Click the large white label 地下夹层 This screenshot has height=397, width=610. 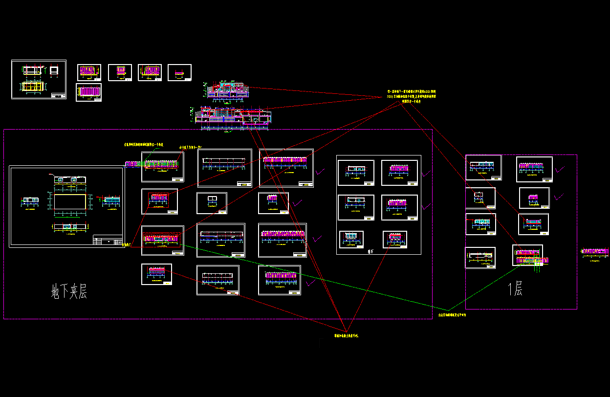click(69, 292)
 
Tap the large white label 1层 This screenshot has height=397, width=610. click(515, 289)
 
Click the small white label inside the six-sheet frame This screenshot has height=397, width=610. click(370, 251)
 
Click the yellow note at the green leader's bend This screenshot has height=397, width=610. click(452, 315)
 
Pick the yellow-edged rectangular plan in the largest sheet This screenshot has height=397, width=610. click(71, 202)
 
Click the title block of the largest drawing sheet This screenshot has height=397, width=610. click(108, 241)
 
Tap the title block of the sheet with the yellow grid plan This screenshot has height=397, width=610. click(58, 95)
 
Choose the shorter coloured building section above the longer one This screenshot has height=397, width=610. click(228, 90)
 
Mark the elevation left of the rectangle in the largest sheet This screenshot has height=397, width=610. click(31, 200)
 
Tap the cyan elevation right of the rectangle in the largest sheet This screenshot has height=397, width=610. click(112, 200)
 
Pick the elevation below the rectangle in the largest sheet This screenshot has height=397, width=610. click(71, 226)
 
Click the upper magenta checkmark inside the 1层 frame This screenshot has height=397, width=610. click(559, 169)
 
